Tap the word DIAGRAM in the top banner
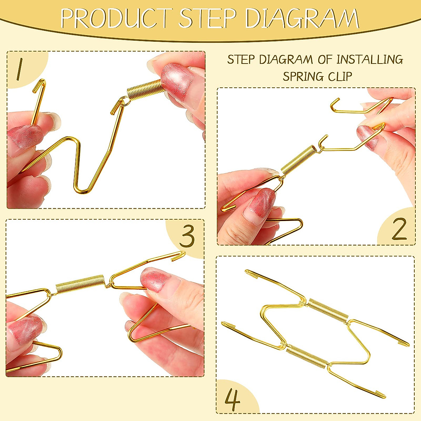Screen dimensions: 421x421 point(302,18)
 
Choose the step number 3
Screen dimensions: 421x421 point(187,237)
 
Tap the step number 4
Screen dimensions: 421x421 point(232,400)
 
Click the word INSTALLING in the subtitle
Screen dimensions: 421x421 point(370,60)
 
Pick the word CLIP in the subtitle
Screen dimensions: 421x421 point(339,76)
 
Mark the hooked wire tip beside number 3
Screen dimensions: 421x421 point(181,255)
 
